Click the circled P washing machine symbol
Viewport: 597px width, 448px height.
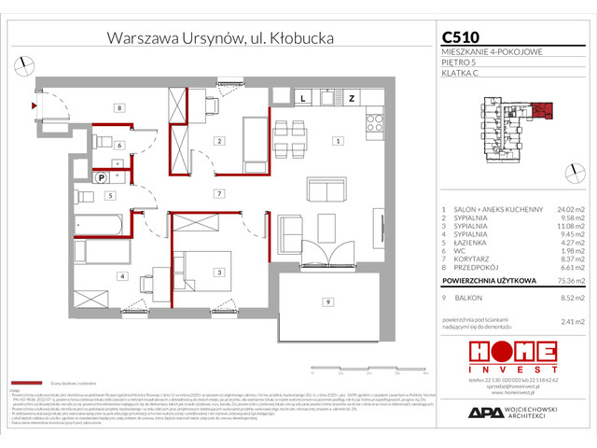[x=101, y=176]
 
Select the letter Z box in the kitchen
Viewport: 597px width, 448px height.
[x=352, y=97]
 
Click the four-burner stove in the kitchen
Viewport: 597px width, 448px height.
[x=375, y=122]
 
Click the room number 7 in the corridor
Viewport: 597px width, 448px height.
[x=217, y=193]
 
